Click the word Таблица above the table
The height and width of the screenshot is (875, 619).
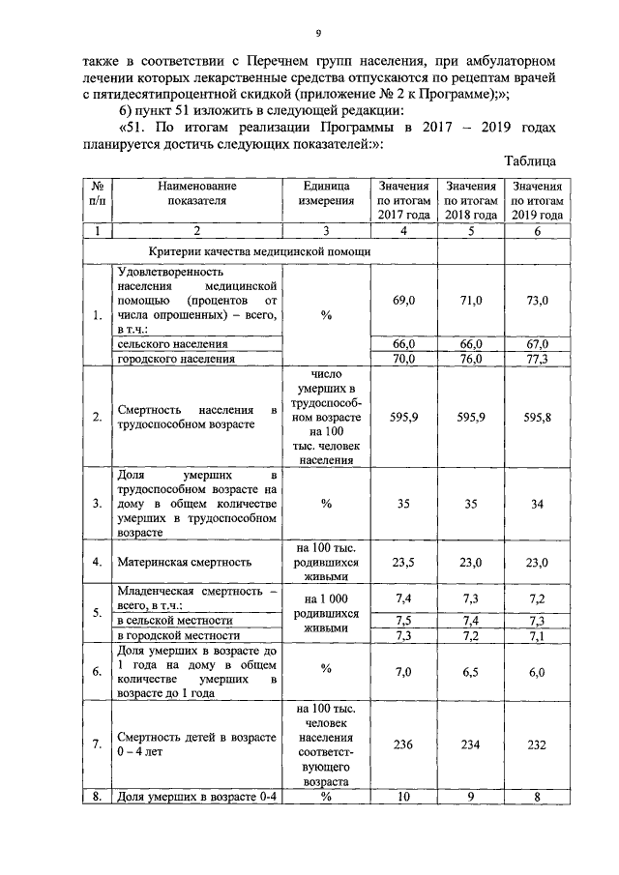531,161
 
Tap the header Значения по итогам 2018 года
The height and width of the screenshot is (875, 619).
471,199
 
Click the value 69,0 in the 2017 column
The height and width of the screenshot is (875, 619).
403,302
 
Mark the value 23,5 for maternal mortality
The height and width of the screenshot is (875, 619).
403,561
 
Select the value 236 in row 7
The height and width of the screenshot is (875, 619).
403,744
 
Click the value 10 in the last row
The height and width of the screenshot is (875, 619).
403,797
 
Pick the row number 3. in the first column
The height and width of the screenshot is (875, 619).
97,503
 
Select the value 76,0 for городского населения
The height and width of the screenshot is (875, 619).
471,359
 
